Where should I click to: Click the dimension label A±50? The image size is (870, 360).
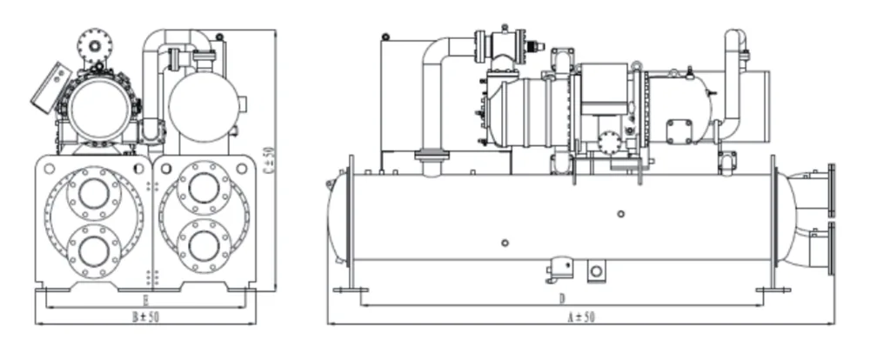(x=580, y=317)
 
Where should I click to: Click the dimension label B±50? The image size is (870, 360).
(x=145, y=317)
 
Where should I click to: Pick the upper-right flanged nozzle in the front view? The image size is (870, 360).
(x=204, y=189)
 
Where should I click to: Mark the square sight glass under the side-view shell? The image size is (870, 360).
(x=595, y=272)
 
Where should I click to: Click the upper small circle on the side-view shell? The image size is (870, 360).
(x=619, y=214)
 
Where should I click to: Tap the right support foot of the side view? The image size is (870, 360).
(x=773, y=290)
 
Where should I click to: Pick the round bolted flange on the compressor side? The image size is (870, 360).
(x=609, y=142)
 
